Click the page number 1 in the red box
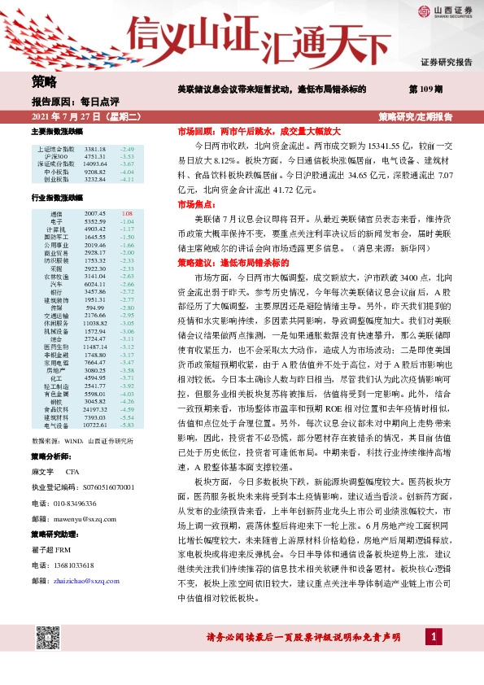435,635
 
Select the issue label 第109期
425,89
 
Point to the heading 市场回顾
195,130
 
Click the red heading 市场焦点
195,206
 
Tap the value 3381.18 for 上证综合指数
95,151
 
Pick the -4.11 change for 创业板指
127,180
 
